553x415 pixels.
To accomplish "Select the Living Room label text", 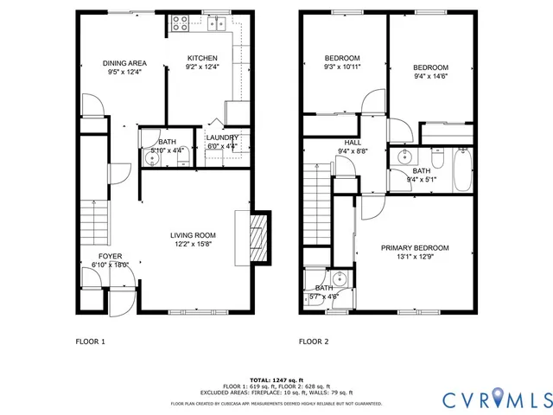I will pos(192,235).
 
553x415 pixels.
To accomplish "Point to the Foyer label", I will pos(110,256).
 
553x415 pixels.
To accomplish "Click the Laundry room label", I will pos(221,137).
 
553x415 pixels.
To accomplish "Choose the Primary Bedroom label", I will pos(416,247).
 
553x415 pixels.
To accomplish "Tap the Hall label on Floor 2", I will pos(353,143).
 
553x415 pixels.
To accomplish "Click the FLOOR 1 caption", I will pos(89,342).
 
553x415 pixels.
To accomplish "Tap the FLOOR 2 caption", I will pos(314,342).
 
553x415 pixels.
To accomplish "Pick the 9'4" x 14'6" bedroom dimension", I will pos(430,76).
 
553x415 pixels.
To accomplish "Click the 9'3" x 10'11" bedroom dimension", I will pos(342,66).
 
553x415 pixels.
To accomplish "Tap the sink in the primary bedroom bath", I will pos(340,279).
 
